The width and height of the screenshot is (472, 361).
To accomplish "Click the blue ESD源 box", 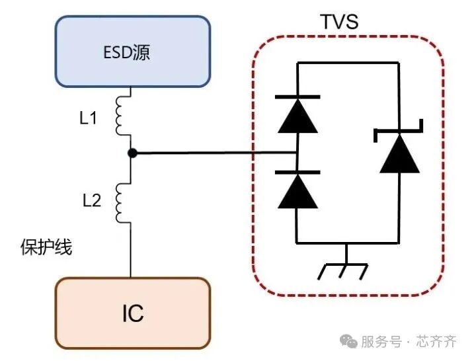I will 132,51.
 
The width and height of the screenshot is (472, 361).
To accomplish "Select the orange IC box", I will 132,313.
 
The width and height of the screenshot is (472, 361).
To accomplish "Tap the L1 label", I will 89,119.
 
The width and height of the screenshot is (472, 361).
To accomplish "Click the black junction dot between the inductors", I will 132,153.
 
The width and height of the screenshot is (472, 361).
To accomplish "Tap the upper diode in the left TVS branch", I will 297,116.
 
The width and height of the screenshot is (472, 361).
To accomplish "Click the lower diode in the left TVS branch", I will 297,190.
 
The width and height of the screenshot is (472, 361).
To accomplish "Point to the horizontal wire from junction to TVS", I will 212,153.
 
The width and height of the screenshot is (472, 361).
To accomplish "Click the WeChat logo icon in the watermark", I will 348,341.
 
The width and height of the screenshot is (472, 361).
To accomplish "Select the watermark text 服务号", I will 381,342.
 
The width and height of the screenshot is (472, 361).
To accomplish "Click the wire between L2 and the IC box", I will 131,251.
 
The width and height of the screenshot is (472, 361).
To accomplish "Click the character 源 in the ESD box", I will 140,52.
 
